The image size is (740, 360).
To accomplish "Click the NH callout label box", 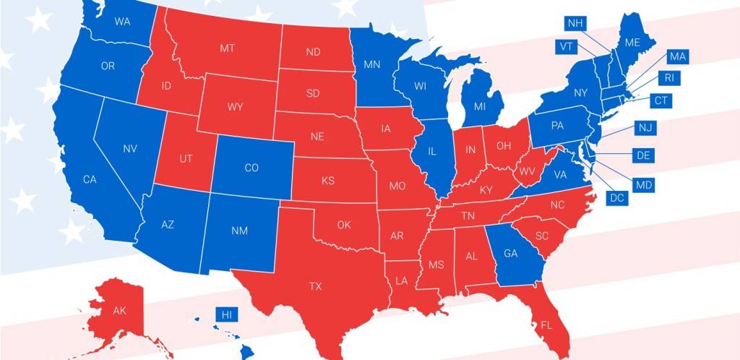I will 575,23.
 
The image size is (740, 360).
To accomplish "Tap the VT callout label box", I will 566,46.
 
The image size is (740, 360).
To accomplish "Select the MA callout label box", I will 677,56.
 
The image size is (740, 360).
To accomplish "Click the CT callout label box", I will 661,101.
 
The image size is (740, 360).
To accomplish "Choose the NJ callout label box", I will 645,127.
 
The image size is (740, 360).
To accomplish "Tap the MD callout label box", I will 642,185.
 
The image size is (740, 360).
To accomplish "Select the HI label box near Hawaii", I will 226,314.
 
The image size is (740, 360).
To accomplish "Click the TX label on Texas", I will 316,286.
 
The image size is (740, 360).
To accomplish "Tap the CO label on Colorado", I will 251,168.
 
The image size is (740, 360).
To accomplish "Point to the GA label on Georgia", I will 510,254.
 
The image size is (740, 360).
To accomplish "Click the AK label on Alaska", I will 119,311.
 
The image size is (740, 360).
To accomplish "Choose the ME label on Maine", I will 632,43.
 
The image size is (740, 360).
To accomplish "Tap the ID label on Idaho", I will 165,86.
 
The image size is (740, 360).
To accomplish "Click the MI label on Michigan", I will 478,107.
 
